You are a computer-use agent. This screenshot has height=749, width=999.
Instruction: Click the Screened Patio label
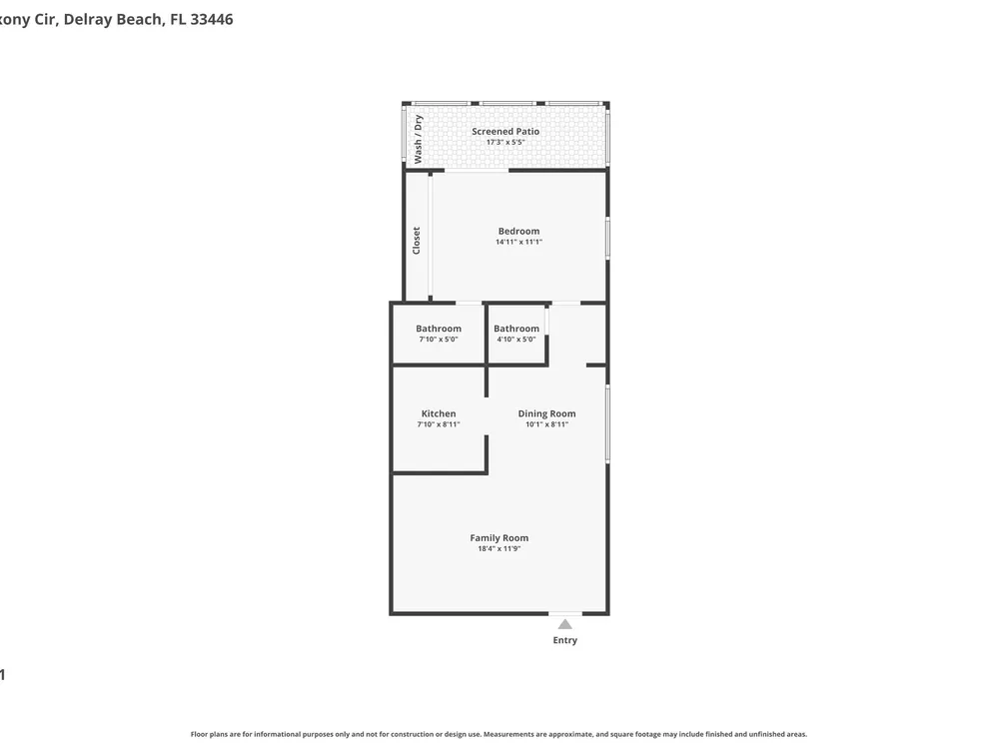(505, 131)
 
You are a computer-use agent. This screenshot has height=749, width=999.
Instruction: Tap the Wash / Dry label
(418, 139)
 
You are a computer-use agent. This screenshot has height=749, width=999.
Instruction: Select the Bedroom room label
(518, 232)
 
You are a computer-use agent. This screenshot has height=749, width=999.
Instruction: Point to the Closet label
(416, 241)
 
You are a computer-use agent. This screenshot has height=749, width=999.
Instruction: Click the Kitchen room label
(439, 413)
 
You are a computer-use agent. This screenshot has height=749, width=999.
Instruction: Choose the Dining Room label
(546, 413)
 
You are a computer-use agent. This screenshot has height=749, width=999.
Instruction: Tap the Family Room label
(499, 537)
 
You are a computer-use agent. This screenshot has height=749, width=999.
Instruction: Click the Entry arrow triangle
(565, 624)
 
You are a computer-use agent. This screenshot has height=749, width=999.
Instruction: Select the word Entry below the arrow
(565, 640)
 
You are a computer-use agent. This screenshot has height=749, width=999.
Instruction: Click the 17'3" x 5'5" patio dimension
(505, 142)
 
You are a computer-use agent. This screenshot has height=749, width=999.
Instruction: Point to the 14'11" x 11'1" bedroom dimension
(518, 242)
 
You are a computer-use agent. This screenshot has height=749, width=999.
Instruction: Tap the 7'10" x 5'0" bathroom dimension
(439, 340)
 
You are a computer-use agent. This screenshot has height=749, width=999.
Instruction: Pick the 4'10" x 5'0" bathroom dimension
(516, 340)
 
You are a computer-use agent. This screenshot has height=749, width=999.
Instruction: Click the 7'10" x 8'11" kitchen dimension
(439, 424)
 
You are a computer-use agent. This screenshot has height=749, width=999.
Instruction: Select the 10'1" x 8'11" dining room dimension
(546, 424)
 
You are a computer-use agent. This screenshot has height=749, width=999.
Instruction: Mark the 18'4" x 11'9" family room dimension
(499, 548)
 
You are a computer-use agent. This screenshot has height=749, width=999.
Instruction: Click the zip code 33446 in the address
(212, 19)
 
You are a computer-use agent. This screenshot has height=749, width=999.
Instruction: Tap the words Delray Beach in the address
(113, 20)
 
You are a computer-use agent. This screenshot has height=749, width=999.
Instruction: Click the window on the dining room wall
(607, 423)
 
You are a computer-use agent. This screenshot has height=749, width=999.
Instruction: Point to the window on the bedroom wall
(607, 239)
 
